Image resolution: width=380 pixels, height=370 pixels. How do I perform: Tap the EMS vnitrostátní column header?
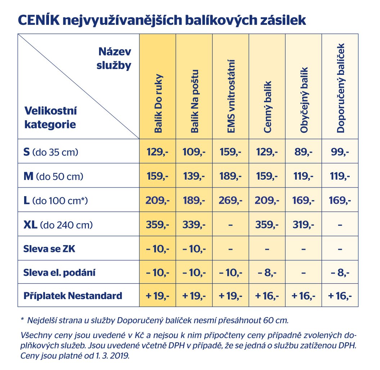coord(231,97)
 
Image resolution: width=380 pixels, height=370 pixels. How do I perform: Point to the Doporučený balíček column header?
coord(341,88)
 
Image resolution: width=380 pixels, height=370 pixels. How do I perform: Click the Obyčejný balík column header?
coord(304,101)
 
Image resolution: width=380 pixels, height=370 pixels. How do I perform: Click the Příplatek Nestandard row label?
coord(73,296)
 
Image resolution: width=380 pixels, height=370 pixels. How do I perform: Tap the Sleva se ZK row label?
coord(49,249)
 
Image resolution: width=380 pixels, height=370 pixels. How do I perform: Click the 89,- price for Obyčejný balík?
coord(304,152)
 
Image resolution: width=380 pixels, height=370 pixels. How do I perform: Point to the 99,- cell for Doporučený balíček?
coord(340,152)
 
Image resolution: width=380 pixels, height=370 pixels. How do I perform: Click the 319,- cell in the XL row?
coord(304,225)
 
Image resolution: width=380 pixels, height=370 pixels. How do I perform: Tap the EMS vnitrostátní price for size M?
coord(231,176)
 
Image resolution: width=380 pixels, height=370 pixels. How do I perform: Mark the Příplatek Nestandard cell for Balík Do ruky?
coord(158,296)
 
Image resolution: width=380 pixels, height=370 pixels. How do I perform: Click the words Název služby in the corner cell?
coord(115,59)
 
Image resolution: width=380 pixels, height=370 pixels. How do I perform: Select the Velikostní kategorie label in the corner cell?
coord(50,117)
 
